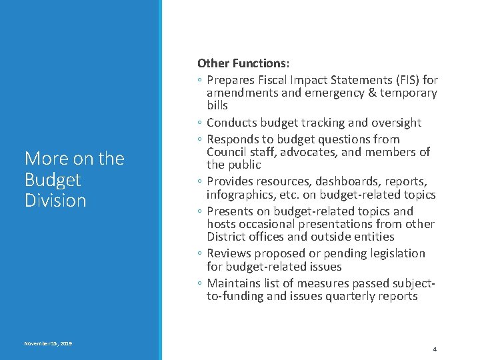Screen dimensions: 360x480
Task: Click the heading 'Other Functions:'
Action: point(243,63)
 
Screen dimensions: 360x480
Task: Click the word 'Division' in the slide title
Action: point(55,201)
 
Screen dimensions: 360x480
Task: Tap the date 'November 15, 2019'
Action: point(48,343)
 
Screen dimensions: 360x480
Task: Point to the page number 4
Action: point(434,349)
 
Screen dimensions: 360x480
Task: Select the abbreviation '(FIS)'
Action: point(399,80)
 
